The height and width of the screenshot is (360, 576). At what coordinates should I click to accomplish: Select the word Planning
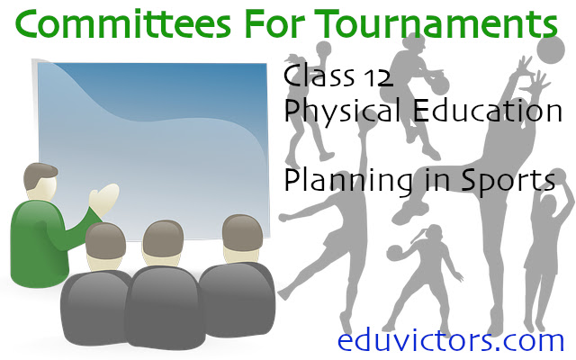coord(343,180)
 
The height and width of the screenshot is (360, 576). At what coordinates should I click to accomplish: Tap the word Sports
coord(508,180)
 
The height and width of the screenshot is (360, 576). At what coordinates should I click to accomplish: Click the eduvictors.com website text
coord(450,339)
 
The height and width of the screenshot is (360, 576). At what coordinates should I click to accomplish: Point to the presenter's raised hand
coord(104,197)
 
